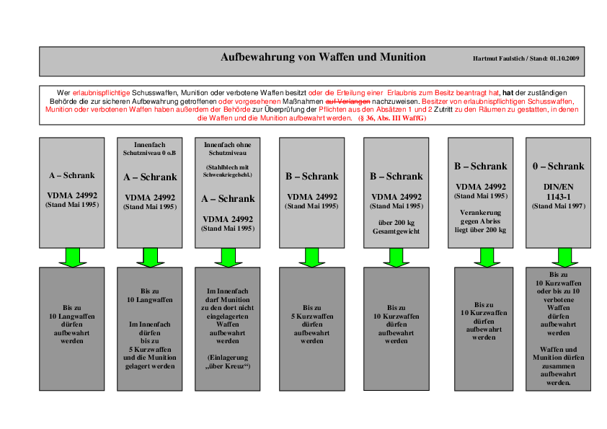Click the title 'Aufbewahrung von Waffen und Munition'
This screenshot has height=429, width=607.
click(323, 57)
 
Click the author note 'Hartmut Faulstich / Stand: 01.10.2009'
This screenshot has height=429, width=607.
click(526, 58)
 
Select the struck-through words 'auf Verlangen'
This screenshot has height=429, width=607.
click(347, 102)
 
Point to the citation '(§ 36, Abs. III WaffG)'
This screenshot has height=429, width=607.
click(392, 118)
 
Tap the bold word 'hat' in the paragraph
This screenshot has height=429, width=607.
click(508, 93)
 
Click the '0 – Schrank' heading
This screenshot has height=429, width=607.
click(558, 166)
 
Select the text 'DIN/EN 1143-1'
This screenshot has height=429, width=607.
click(558, 192)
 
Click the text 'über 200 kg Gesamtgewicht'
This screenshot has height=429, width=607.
click(396, 227)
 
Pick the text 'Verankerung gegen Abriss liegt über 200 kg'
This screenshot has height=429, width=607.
click(480, 221)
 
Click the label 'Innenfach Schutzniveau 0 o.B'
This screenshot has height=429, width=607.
click(149, 149)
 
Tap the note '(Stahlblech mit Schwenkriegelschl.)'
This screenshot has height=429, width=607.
click(228, 171)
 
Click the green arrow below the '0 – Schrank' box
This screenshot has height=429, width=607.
click(564, 257)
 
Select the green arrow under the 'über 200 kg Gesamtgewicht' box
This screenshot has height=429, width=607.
click(396, 257)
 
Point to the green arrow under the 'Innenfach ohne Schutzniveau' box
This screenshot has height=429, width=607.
click(228, 257)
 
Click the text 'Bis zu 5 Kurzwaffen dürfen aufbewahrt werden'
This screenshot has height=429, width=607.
click(312, 324)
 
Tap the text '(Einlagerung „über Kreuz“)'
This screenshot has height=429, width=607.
click(228, 362)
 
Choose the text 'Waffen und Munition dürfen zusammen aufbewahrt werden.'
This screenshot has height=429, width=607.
click(558, 366)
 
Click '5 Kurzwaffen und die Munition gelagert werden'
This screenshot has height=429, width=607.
click(149, 358)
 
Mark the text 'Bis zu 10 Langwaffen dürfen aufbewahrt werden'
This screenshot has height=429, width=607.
click(71, 324)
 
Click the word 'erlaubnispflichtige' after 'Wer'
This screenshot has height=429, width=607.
click(101, 93)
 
